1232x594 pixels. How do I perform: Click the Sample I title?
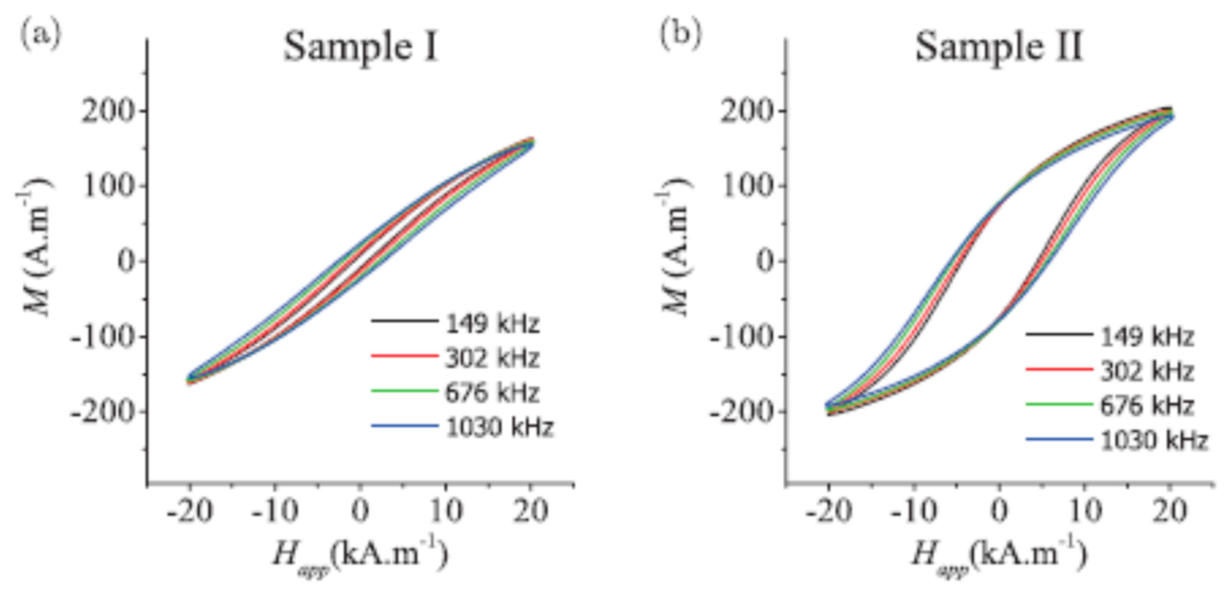361,48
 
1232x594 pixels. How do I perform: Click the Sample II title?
999,48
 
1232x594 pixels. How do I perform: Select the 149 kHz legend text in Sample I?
492,324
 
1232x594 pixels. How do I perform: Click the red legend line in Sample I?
404,356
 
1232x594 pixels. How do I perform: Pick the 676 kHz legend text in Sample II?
1147,406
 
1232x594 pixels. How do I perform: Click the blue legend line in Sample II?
1059,439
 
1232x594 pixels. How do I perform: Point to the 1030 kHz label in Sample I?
499,427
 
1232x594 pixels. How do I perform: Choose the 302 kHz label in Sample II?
1147,371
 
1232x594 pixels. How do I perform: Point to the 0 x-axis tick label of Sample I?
360,512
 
